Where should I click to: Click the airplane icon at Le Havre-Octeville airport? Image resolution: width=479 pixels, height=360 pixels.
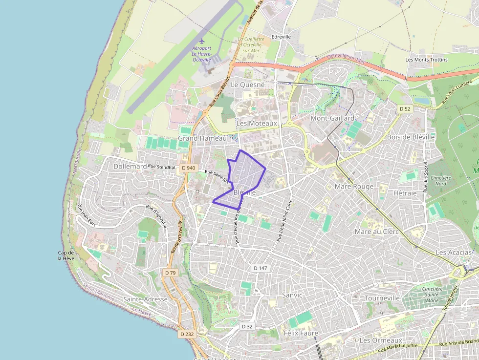tap(201, 41)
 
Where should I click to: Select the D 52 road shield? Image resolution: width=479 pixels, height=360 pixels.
tap(404, 108)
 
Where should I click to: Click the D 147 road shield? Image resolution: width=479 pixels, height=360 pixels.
tap(261, 268)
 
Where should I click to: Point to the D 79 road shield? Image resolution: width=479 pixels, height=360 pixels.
tap(170, 273)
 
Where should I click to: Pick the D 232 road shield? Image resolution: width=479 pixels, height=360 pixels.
tap(187, 334)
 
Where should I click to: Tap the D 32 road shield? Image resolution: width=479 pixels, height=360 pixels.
tap(247, 326)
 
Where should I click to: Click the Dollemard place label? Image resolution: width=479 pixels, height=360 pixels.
tap(130, 166)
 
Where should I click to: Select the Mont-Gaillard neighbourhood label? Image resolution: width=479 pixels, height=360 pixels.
tap(332, 118)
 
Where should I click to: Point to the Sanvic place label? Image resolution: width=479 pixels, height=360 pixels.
tap(292, 295)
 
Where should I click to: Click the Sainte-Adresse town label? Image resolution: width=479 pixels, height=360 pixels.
tap(145, 299)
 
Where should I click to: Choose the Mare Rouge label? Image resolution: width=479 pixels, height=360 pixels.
tap(354, 186)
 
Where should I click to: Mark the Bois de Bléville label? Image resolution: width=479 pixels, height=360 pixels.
tap(411, 137)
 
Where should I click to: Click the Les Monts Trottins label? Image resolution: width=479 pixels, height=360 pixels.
tap(426, 60)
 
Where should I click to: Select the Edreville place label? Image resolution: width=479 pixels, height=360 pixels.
tap(281, 37)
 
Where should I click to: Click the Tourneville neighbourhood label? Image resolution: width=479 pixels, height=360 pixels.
tap(382, 298)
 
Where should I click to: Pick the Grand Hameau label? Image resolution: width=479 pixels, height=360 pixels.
tap(202, 138)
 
